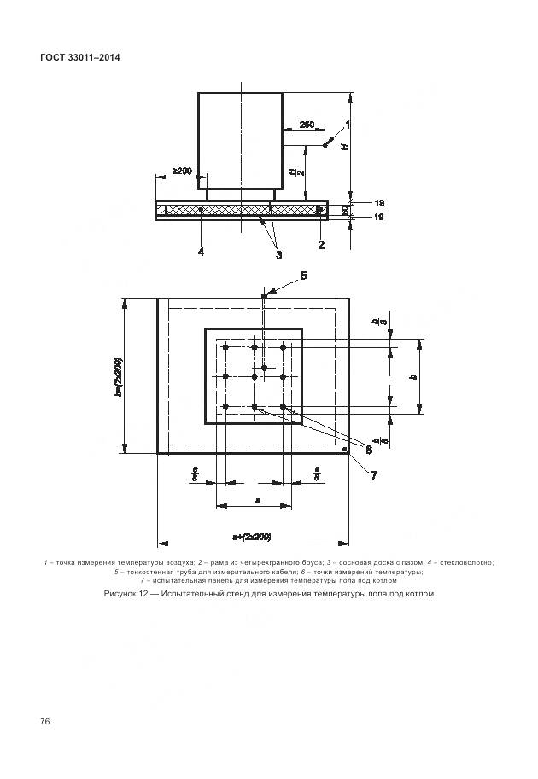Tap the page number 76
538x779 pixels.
(45, 722)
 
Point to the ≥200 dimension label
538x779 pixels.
(181, 171)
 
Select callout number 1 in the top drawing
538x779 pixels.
(348, 125)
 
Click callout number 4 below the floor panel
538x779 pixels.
(201, 251)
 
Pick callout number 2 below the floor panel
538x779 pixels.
(321, 245)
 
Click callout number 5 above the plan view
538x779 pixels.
(302, 275)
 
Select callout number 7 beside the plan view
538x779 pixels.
(373, 474)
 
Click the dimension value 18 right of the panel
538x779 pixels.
(379, 202)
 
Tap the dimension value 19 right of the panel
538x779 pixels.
(379, 218)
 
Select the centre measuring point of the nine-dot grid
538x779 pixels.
(254, 376)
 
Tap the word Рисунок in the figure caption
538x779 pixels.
(121, 594)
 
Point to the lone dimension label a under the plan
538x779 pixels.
(257, 500)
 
